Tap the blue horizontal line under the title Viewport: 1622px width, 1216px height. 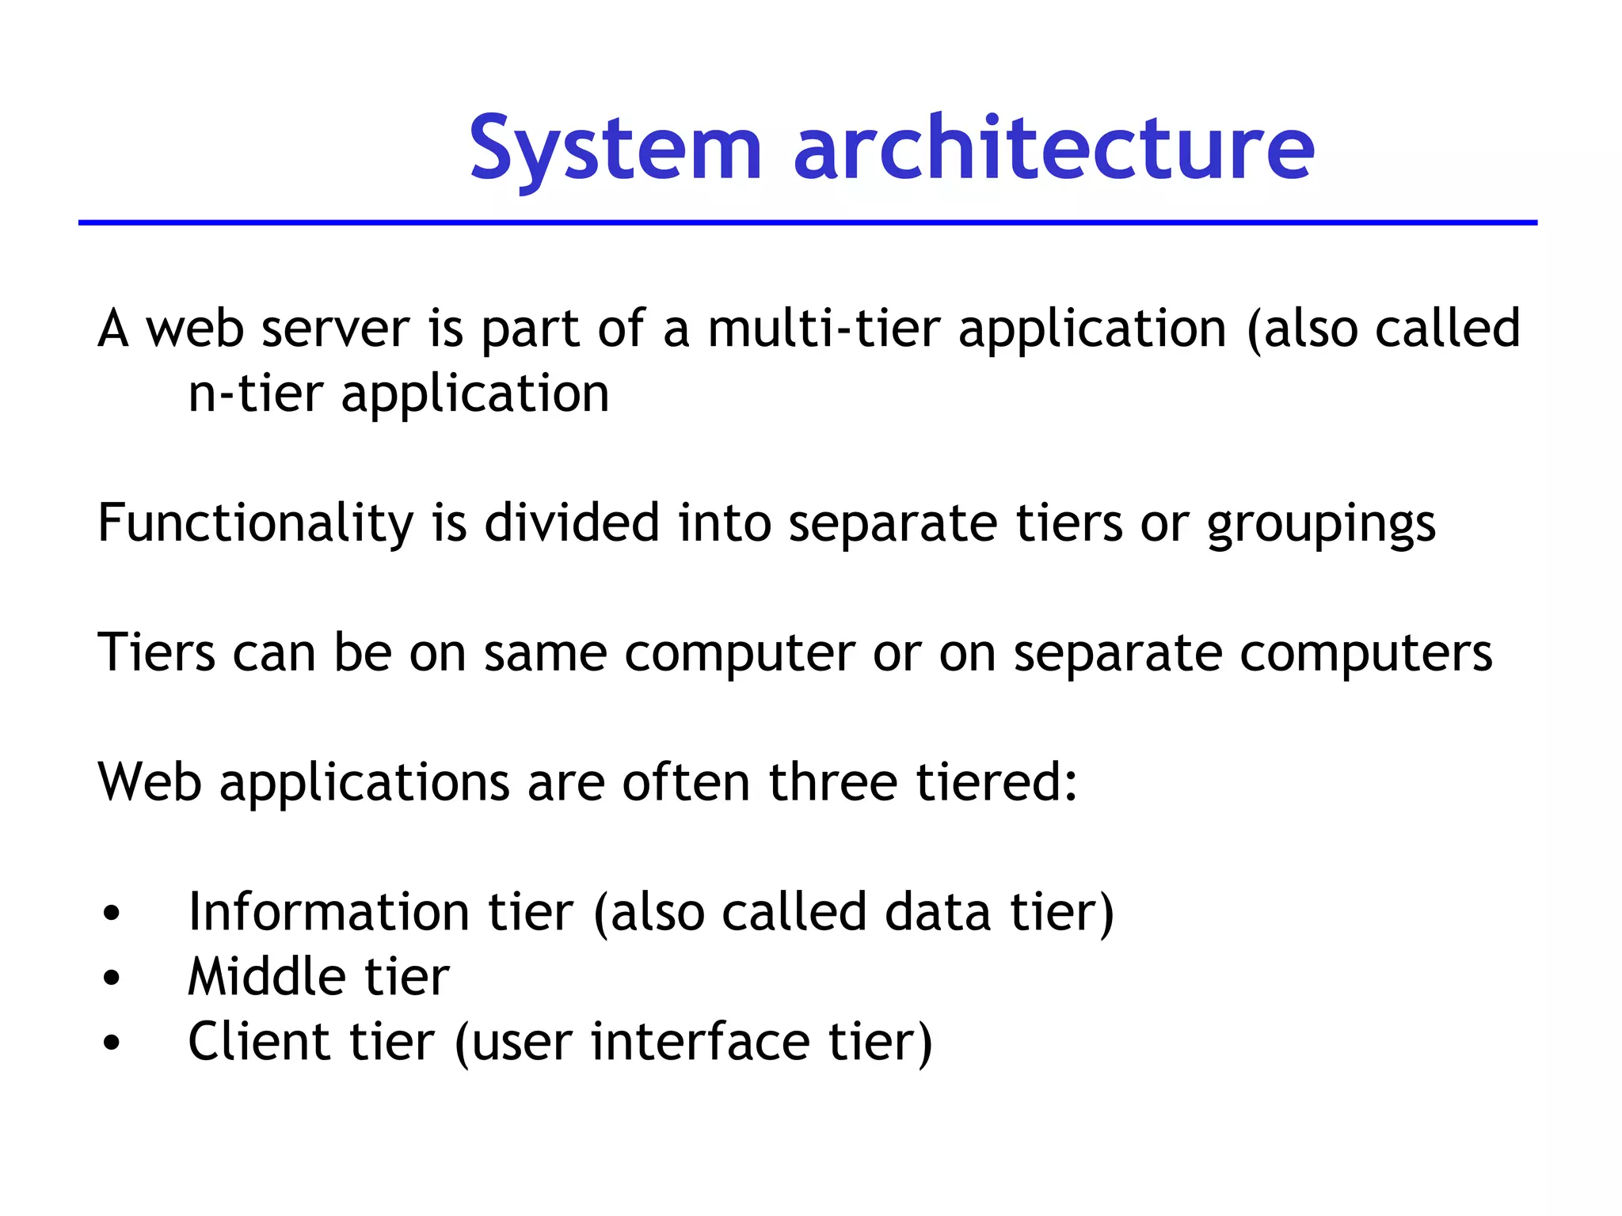tap(808, 223)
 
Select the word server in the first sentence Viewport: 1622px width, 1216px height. tap(336, 329)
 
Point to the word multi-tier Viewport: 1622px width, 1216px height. tap(823, 329)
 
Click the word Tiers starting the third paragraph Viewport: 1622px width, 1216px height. tap(156, 653)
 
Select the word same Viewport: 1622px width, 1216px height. tap(545, 654)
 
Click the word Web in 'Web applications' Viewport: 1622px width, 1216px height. tap(149, 783)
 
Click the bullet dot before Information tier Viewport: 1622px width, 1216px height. tap(112, 914)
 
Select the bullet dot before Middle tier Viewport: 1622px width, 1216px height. tap(112, 978)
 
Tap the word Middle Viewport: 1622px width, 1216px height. tap(266, 977)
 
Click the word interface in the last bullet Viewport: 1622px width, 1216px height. tap(700, 1042)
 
